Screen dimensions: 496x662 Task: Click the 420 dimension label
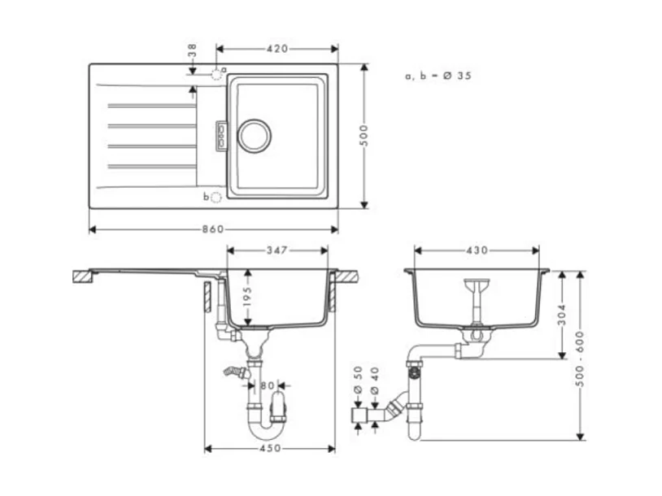[277, 49]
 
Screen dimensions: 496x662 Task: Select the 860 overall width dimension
[212, 229]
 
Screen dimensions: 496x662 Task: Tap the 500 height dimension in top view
[365, 135]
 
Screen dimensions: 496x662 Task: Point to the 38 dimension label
[192, 51]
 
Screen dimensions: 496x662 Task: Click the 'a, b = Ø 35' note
[438, 76]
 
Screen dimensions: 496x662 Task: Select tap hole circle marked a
[216, 73]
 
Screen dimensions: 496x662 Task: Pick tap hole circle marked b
[216, 197]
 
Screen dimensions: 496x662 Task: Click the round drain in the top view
[254, 134]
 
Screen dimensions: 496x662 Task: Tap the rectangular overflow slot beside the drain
[220, 135]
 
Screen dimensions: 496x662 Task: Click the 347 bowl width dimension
[277, 251]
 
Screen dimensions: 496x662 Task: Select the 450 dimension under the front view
[269, 448]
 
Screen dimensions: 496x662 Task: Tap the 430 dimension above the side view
[477, 250]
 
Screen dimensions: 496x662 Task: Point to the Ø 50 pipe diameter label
[359, 378]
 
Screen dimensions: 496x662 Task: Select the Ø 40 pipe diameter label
[375, 378]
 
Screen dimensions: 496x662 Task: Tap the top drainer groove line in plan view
[152, 106]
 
